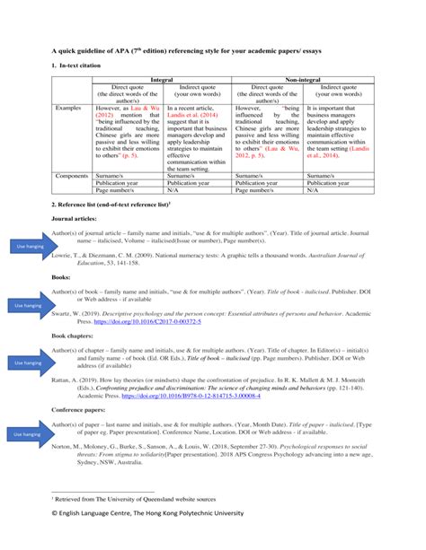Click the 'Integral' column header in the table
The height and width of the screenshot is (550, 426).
[x=162, y=79]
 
